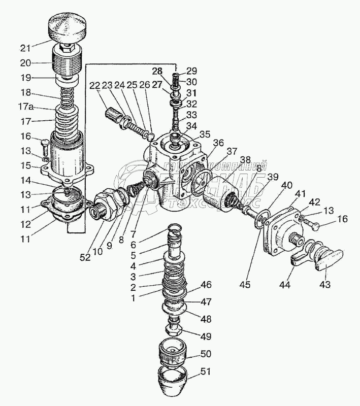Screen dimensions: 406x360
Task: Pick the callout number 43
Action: pos(324,285)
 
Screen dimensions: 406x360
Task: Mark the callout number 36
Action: pos(218,143)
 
